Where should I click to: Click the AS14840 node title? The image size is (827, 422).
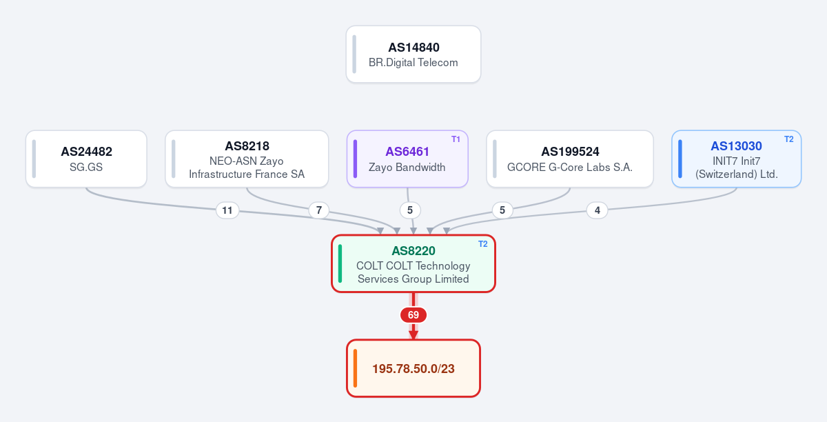pos(413,48)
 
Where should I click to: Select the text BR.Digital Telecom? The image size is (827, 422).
pos(413,63)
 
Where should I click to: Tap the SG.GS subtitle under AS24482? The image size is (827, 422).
pos(86,167)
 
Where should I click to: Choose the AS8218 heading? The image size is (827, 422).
pos(247,146)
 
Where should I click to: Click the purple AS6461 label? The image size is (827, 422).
pos(407,152)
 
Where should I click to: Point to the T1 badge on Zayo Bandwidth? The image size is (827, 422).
pos(456,139)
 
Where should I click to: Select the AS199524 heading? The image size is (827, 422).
pos(570,152)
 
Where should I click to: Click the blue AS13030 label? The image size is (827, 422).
pos(736,146)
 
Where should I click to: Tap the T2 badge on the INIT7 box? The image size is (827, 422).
pos(788,139)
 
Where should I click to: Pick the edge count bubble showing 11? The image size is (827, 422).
pos(227,210)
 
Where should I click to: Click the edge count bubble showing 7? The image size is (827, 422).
pos(319,210)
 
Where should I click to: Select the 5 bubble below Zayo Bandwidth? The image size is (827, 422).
pos(410,210)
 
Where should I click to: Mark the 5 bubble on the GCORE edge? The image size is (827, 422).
pos(502,210)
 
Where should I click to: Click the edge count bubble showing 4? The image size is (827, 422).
pos(597,210)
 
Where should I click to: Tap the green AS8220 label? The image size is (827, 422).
pos(413,251)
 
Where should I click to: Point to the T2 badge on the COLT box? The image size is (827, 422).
pos(482,244)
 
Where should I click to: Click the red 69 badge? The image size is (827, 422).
pos(413,315)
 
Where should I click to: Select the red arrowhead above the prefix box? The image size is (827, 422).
pos(413,335)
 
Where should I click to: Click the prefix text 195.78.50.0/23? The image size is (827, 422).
pos(413,369)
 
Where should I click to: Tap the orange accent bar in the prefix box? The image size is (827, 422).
pos(355,368)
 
